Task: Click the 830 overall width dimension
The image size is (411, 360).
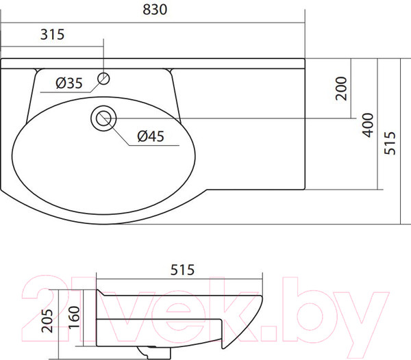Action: pos(155,10)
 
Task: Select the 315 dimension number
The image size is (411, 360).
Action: pos(52,34)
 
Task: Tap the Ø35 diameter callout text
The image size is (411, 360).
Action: pos(69,83)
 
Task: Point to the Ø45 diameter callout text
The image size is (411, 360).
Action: pos(151,136)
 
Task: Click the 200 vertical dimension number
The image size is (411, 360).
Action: pos(341,88)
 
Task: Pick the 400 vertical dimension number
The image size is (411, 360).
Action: pos(368,125)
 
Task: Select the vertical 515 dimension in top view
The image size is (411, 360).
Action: pos(390,143)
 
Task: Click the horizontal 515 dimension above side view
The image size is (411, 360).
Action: pos(182,270)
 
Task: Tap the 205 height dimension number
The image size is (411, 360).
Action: pos(47,321)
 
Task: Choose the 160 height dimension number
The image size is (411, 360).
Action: pos(74,318)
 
